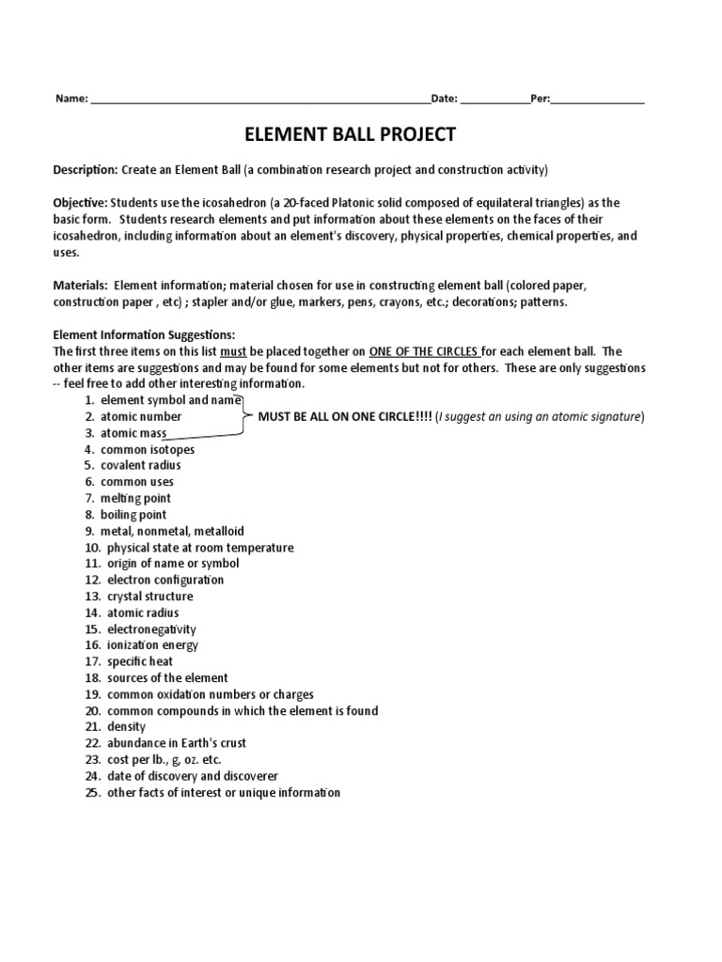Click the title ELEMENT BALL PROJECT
click(350, 134)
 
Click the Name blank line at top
click(259, 99)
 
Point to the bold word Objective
click(80, 203)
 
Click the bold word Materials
click(80, 285)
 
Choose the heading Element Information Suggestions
click(143, 334)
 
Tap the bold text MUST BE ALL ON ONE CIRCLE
click(345, 416)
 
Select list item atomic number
click(141, 416)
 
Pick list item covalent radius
click(141, 465)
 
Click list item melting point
click(136, 498)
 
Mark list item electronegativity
click(151, 629)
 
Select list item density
click(126, 727)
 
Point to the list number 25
click(92, 793)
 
